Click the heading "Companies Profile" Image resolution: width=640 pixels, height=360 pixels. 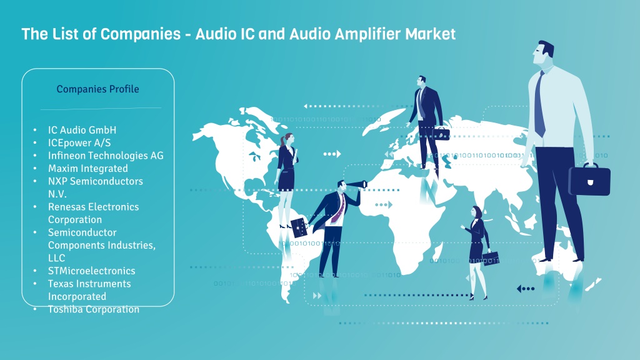pos(97,89)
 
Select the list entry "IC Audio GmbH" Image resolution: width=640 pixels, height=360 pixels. pos(82,130)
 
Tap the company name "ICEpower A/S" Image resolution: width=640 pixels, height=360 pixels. pos(79,143)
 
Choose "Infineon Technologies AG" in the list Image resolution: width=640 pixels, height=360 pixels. pos(106,156)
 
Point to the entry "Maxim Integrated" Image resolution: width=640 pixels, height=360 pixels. pos(87,168)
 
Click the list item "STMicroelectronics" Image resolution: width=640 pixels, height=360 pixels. pos(91,271)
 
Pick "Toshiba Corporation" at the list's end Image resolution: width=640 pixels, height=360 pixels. pos(94,309)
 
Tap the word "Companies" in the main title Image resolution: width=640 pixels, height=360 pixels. pos(141,34)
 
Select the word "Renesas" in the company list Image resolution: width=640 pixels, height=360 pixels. pos(67,206)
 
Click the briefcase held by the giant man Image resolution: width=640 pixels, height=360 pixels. pos(589,179)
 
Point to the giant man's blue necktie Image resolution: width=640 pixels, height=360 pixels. pos(539,104)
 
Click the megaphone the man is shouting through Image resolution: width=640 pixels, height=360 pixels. pos(357,184)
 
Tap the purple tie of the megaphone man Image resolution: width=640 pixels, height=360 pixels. pos(338,209)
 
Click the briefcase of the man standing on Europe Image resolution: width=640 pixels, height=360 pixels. pos(441,134)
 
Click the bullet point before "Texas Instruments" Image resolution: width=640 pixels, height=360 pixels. pos(35,284)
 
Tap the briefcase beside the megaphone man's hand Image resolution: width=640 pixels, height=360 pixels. pos(299,227)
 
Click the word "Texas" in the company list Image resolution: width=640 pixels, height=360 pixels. pos(61,284)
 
